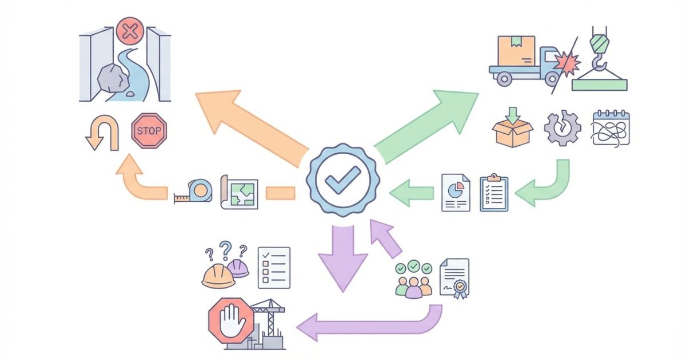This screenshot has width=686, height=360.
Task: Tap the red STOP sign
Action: (149, 131)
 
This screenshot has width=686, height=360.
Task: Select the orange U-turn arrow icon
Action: (101, 132)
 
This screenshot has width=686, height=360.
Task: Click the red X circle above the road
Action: (130, 31)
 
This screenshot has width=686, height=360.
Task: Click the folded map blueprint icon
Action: (240, 192)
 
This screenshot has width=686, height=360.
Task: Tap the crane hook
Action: (598, 51)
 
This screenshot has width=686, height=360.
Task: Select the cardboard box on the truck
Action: (516, 51)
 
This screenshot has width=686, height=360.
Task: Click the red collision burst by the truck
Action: (565, 63)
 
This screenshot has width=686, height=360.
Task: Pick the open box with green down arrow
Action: (512, 129)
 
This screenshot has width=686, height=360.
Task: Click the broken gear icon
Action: (562, 128)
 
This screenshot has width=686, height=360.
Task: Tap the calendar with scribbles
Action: (611, 127)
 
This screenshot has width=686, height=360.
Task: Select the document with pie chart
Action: (456, 193)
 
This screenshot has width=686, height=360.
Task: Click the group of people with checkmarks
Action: (413, 279)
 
